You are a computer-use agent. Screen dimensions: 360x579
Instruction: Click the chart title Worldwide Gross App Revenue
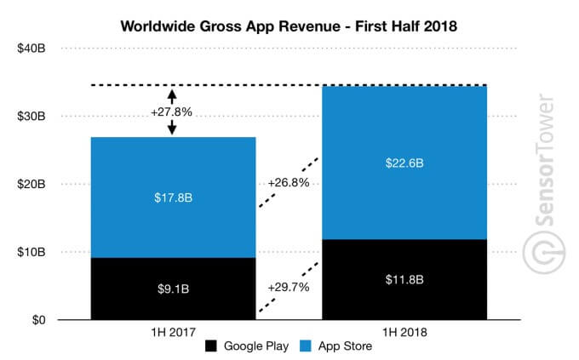coord(289,26)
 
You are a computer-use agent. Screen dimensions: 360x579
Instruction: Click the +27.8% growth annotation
coord(172,111)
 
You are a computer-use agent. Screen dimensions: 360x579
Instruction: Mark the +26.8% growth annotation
coord(287,182)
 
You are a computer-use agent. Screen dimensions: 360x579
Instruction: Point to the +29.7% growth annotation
coord(287,287)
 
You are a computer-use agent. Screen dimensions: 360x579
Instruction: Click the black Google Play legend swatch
coord(210,347)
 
